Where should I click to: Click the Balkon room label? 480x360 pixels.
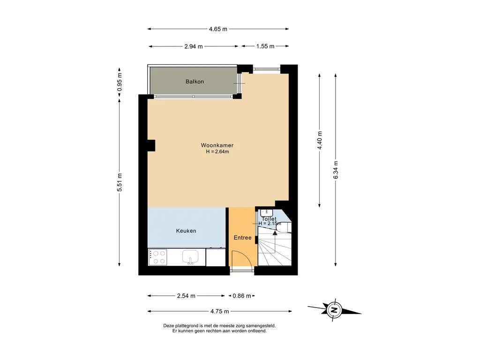(x=195, y=82)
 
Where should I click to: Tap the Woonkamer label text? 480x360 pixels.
(x=217, y=145)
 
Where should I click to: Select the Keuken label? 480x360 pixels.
(x=186, y=231)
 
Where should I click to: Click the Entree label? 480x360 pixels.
(x=242, y=238)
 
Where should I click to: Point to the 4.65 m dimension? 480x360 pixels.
(x=218, y=29)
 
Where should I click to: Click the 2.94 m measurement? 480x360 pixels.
(x=194, y=46)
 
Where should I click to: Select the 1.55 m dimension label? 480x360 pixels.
(x=265, y=46)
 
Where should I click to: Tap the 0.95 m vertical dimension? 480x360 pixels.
(x=120, y=82)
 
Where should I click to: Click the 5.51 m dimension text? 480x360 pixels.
(x=120, y=182)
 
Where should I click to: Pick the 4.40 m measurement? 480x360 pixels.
(x=320, y=141)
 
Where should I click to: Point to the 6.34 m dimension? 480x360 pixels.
(x=336, y=170)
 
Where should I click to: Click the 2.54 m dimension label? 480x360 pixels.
(x=186, y=296)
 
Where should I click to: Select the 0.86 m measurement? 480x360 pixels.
(x=242, y=296)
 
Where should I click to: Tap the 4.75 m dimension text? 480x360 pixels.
(x=219, y=311)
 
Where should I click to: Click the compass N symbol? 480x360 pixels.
(x=334, y=310)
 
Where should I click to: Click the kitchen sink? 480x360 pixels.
(x=190, y=257)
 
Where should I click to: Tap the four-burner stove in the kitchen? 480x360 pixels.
(x=158, y=257)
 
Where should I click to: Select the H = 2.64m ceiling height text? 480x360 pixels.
(x=217, y=151)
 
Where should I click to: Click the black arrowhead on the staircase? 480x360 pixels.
(x=275, y=233)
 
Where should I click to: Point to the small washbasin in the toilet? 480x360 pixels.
(x=266, y=212)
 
